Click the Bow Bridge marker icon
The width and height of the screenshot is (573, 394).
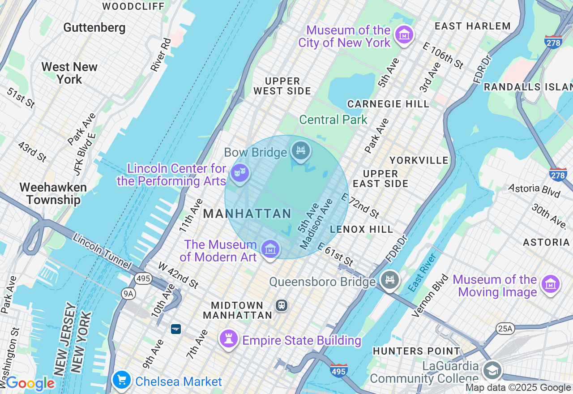(x=301, y=150)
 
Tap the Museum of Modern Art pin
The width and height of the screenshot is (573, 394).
(x=270, y=249)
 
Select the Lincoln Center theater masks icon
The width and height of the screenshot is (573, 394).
(x=240, y=171)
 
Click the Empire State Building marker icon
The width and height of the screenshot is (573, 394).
(x=228, y=339)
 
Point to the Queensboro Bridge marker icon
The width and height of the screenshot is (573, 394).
(x=389, y=280)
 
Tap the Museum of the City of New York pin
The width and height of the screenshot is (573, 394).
(x=404, y=34)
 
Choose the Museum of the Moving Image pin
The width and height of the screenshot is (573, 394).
(x=550, y=284)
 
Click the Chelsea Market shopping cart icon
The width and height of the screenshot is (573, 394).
(x=121, y=380)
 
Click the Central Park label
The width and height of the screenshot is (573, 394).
(x=333, y=120)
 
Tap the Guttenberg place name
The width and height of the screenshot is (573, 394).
(x=94, y=27)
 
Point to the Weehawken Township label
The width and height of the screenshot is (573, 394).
(x=53, y=193)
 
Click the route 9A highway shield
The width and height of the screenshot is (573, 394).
(x=128, y=293)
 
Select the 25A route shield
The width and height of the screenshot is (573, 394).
(x=505, y=329)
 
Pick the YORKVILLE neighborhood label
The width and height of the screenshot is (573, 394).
(x=419, y=160)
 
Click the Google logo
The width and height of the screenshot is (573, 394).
(x=30, y=383)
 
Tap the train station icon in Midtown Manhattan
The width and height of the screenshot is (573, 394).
(x=282, y=305)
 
